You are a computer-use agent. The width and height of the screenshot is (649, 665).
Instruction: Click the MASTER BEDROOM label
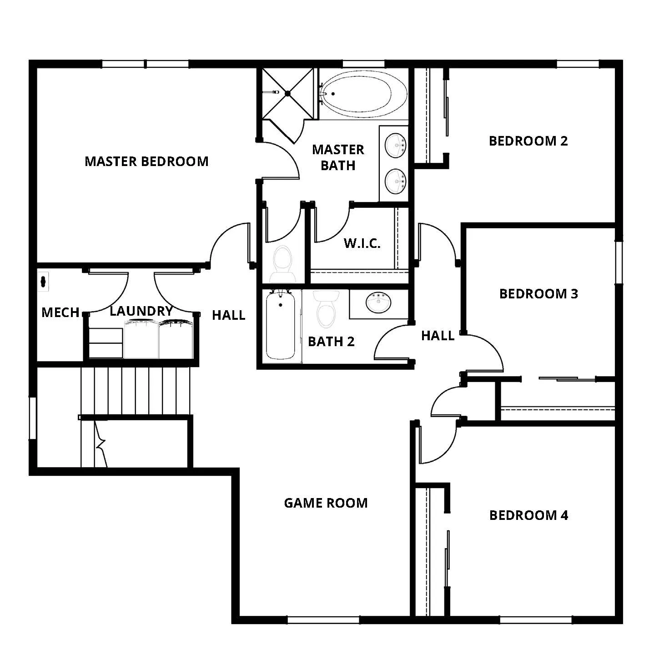point(146,161)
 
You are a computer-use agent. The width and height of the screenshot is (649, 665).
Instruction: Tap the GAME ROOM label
point(326,503)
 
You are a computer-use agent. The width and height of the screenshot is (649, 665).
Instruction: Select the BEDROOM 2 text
point(528,141)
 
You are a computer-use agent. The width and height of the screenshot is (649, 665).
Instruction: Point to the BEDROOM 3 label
point(538,294)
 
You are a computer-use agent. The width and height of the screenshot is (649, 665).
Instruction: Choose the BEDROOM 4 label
point(528,515)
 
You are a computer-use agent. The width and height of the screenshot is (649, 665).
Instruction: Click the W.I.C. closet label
point(362,243)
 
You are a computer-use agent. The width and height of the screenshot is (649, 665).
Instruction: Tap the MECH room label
point(60,312)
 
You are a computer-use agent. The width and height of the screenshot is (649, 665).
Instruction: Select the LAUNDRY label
point(141,311)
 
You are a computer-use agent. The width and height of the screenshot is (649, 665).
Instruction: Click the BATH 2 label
point(331,342)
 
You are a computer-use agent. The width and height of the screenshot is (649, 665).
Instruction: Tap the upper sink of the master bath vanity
point(395,145)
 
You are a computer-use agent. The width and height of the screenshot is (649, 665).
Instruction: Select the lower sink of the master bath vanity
point(395,181)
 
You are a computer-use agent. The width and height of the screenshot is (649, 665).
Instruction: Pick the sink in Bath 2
point(378,302)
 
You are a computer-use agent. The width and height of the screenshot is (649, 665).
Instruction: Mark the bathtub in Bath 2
point(280,326)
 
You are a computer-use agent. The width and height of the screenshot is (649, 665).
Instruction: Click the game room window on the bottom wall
point(323,619)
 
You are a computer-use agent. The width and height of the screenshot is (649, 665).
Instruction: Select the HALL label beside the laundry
point(228,315)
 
